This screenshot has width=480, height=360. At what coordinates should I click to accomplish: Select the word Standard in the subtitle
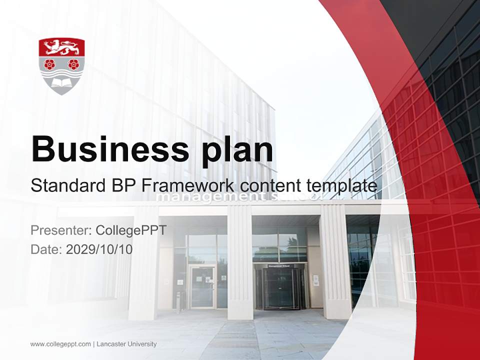[66, 185]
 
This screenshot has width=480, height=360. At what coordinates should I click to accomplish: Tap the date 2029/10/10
[99, 249]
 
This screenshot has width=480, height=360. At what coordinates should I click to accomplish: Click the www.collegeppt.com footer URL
[60, 344]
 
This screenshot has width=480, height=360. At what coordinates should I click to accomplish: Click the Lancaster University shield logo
[61, 66]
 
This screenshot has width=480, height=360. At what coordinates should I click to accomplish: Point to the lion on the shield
[61, 47]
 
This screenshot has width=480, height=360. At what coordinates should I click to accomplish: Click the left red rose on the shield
[49, 64]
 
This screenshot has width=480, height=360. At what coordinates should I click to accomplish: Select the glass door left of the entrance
[202, 286]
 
